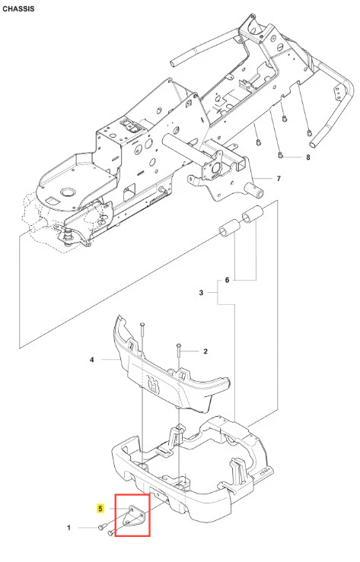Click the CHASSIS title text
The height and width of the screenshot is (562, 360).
coord(18,9)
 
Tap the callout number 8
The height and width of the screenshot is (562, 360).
coord(308,157)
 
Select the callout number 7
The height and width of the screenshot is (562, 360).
coord(279,179)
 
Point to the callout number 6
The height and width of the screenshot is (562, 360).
coord(227,280)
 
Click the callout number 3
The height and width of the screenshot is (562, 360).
coord(201,293)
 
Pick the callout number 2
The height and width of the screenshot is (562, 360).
coord(205,351)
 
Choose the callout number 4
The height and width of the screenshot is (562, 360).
coord(92,359)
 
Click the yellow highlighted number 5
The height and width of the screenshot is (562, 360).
coord(100,509)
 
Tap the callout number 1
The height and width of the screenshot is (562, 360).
coord(68,528)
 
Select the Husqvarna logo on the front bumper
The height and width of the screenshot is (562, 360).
coord(153,384)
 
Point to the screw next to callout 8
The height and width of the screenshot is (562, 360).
coord(281,155)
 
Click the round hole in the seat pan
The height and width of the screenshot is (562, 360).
coord(67,192)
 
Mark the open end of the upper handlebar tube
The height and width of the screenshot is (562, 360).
coord(174,62)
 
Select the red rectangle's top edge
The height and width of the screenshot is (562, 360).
coord(132,495)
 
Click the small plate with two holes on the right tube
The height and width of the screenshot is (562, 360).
coord(337,93)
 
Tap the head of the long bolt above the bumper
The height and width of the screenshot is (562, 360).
coord(142,324)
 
